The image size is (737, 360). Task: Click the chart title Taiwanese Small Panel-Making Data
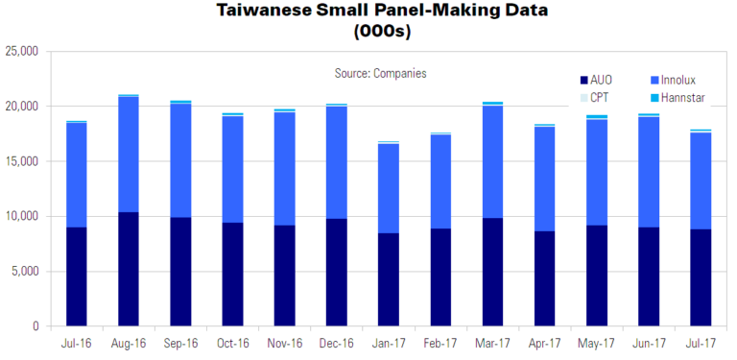click(x=368, y=12)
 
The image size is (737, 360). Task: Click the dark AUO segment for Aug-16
click(x=129, y=269)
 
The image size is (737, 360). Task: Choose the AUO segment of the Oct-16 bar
click(x=232, y=275)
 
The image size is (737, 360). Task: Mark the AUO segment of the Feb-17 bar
click(x=440, y=277)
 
